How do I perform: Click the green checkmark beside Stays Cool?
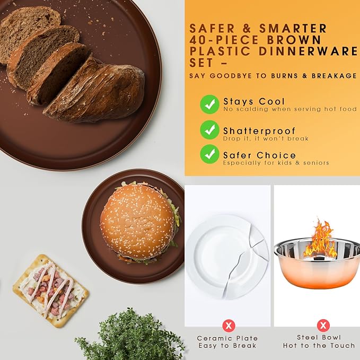209,104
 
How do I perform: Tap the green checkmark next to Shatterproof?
209,130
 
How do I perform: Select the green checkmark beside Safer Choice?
209,154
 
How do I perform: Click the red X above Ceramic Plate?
229,326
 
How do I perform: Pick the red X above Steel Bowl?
323,326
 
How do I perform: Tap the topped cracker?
50,291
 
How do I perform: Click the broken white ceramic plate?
227,257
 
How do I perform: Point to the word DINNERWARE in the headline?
309,51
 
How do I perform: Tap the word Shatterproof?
259,131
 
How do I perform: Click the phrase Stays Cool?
254,101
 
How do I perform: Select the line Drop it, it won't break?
266,138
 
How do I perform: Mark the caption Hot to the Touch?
319,345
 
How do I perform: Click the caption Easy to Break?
227,346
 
